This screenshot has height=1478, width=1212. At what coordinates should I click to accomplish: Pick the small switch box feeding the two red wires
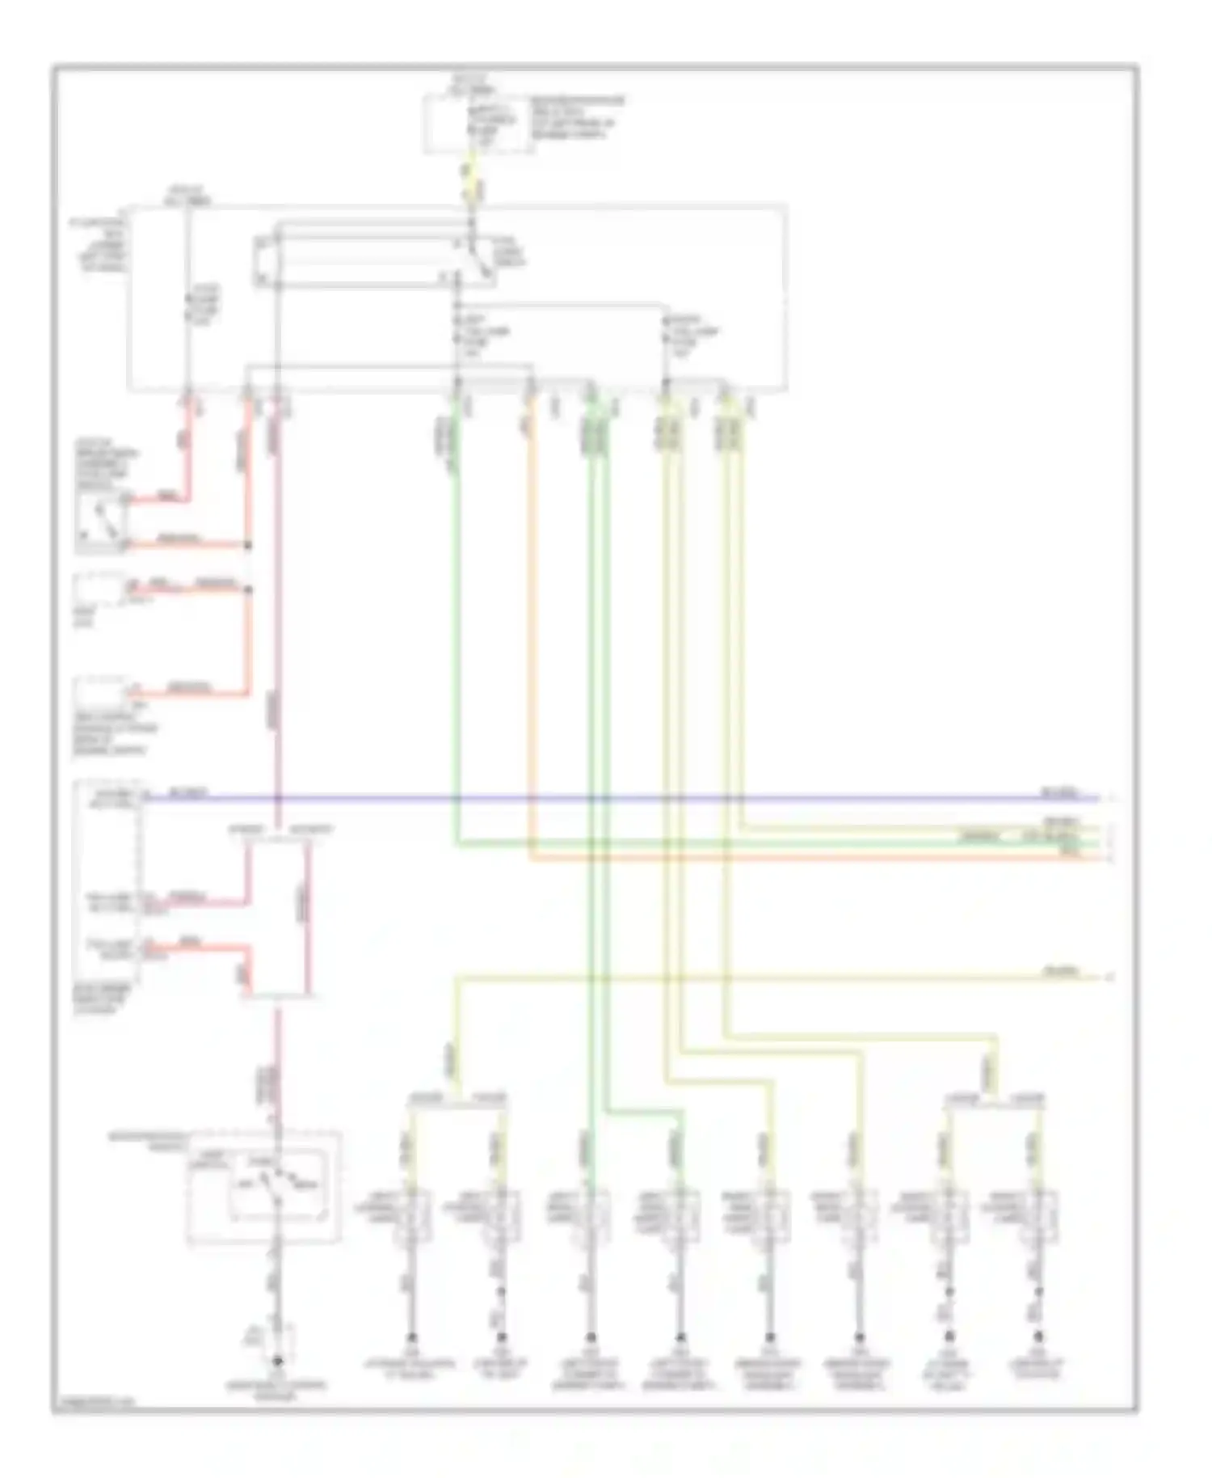[100, 522]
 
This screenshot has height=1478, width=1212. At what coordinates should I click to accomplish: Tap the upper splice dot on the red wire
[248, 546]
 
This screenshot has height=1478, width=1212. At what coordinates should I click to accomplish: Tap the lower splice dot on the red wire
[248, 589]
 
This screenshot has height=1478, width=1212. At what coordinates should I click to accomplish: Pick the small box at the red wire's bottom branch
[100, 695]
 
